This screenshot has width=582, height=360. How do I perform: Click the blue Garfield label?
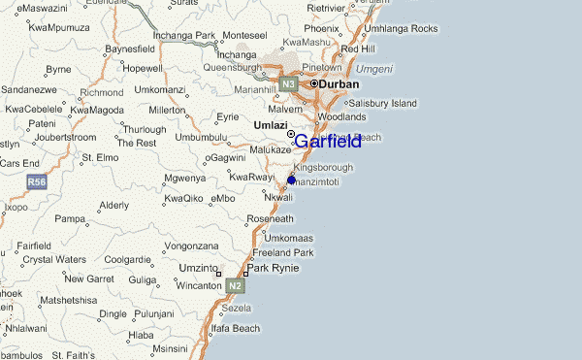point(328,142)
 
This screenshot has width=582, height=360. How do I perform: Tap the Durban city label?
point(339,84)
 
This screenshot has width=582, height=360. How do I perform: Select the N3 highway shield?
point(288,84)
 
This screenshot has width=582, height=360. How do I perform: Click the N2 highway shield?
point(235,287)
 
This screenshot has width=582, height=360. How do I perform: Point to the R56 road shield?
point(37,182)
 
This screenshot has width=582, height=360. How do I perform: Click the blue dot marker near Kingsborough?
point(291,180)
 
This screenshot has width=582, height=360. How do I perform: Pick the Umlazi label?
point(271,125)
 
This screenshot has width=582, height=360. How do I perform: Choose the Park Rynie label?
point(273,268)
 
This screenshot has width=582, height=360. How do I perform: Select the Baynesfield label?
point(129,49)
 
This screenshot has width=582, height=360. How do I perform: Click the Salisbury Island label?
point(382,103)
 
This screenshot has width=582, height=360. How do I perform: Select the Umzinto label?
point(198,268)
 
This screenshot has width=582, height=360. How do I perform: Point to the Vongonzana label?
point(191,245)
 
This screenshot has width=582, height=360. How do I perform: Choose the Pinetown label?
point(322,67)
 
